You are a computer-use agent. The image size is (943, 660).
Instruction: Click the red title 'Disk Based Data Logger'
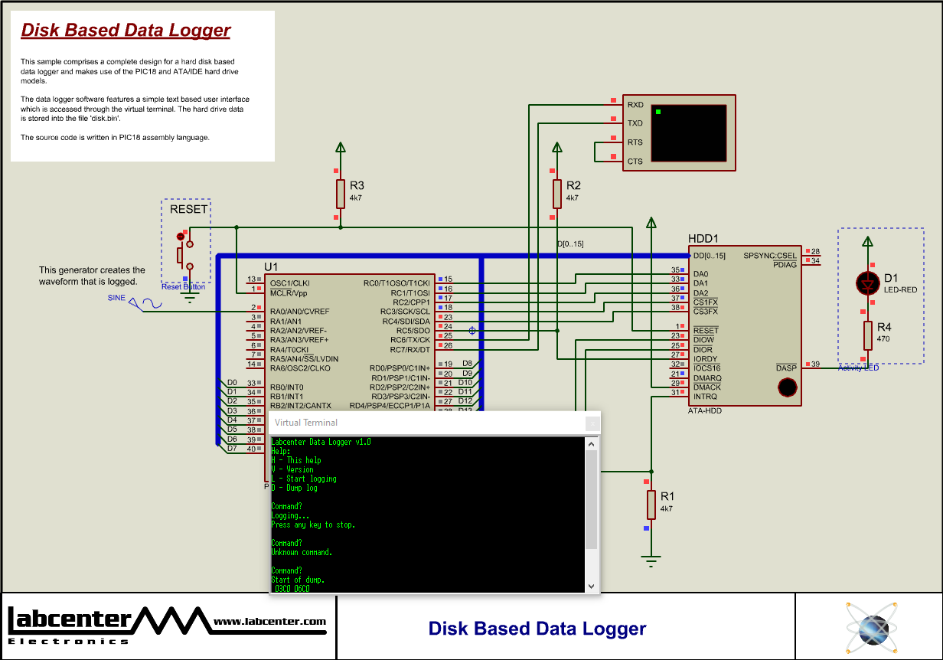(126, 31)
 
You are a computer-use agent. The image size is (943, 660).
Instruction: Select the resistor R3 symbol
(341, 194)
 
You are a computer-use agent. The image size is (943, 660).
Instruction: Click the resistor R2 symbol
(557, 194)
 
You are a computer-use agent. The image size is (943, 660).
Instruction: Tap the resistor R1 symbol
(651, 505)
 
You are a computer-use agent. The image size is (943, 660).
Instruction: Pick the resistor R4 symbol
(867, 335)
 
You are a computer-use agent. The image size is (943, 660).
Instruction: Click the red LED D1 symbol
(867, 283)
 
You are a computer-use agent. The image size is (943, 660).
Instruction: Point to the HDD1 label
(703, 239)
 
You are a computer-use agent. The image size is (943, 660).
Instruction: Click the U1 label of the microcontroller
(271, 266)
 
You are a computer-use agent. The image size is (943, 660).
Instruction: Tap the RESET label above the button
(188, 209)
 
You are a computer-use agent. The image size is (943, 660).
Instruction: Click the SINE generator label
(116, 298)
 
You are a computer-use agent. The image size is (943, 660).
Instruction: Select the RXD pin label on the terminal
(635, 104)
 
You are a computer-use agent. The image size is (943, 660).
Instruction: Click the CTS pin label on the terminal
(635, 162)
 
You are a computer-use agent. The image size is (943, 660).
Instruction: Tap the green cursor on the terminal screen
(658, 113)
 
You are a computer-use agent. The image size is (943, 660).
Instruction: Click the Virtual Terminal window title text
(305, 423)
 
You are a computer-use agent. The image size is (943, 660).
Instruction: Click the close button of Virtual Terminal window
(591, 423)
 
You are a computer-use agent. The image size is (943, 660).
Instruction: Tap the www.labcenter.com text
(269, 622)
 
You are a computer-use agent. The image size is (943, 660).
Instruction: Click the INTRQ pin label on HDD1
(705, 397)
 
